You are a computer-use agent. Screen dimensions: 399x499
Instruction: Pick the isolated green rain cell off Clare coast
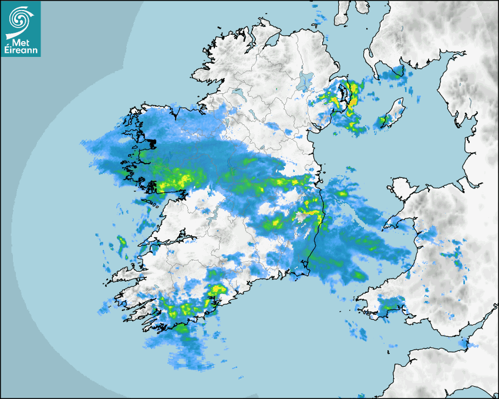point(122,242)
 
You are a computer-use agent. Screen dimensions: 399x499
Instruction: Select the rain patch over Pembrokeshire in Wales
point(390,304)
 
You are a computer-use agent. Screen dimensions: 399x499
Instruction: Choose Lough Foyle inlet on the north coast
point(272,40)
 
